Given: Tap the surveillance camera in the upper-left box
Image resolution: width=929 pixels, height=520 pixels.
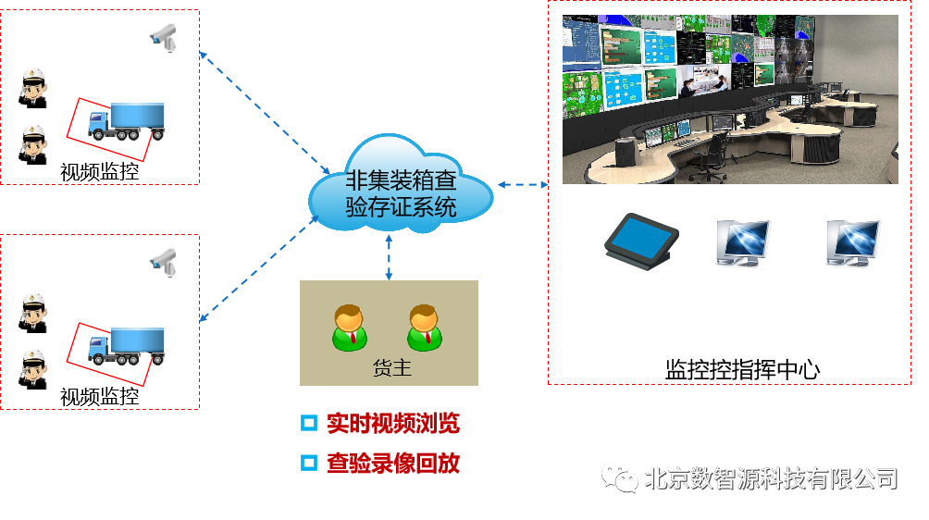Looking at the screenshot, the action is point(163,37).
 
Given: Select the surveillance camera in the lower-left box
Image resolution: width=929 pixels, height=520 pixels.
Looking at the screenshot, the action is point(163,261).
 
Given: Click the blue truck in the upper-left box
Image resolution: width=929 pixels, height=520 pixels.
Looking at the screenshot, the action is point(127,121).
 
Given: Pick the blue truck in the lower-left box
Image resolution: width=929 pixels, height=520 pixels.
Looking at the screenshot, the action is point(127,346).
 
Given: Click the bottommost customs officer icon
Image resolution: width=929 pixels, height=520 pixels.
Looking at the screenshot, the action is point(34,366).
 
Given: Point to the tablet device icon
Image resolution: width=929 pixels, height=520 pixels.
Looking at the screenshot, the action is point(639,238).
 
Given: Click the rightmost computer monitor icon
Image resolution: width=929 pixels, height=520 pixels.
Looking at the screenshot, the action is point(852,243).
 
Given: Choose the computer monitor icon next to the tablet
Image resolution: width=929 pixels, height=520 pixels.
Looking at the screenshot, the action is point(742,243).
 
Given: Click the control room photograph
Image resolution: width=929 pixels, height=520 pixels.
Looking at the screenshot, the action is point(730,99).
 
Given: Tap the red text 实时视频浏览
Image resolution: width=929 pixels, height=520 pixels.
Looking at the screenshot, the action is point(392,424).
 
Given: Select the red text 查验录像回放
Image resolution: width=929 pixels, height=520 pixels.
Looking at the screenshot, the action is point(392,463).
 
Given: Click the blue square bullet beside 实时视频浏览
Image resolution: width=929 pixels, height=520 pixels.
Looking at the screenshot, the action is point(309,424).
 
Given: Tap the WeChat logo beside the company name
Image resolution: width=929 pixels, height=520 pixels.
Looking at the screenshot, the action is point(620,477).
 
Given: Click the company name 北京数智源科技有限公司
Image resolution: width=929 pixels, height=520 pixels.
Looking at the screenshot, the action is point(771,478).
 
